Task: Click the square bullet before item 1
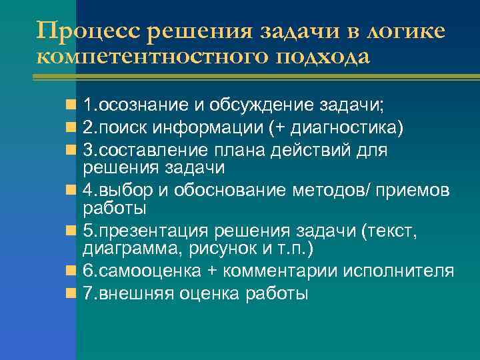71,105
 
